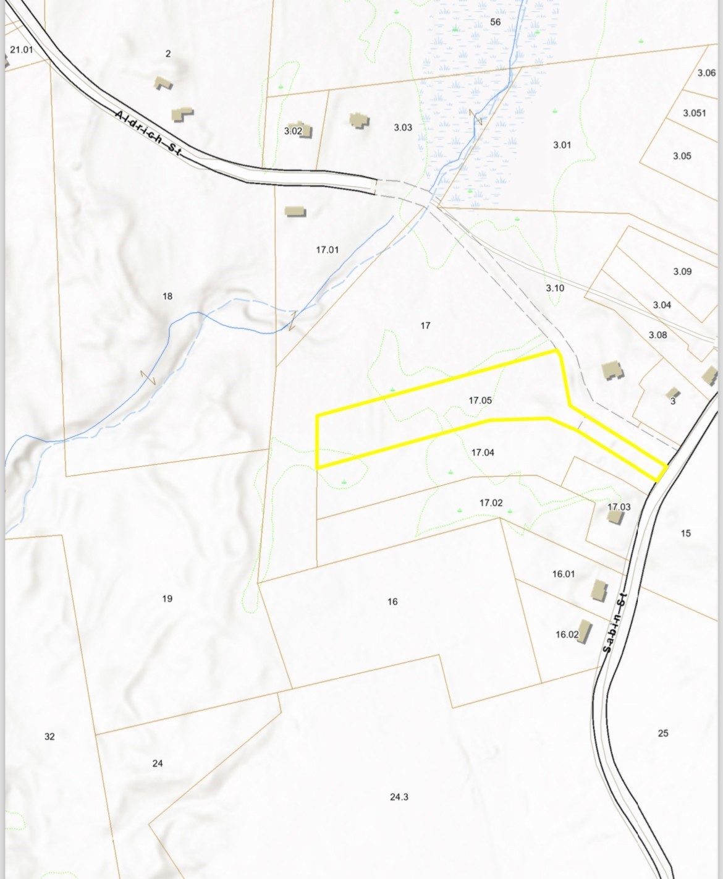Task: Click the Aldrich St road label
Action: [x=149, y=133]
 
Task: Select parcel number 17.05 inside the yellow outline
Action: [x=480, y=401]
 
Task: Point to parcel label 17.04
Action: [x=483, y=452]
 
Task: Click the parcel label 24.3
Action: [x=399, y=797]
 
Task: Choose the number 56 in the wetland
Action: [x=495, y=22]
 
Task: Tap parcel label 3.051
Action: [x=695, y=113]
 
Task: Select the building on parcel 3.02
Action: [x=304, y=130]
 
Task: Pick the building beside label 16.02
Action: [x=583, y=632]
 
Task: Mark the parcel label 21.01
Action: [x=22, y=49]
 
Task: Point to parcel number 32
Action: [x=49, y=736]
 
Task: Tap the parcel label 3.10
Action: [x=555, y=288]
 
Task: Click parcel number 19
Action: [x=167, y=598]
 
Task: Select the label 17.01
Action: [x=328, y=250]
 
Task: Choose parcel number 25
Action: [x=663, y=733]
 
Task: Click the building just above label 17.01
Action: [x=295, y=211]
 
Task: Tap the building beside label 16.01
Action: [x=598, y=589]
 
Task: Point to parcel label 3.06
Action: [x=706, y=73]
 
